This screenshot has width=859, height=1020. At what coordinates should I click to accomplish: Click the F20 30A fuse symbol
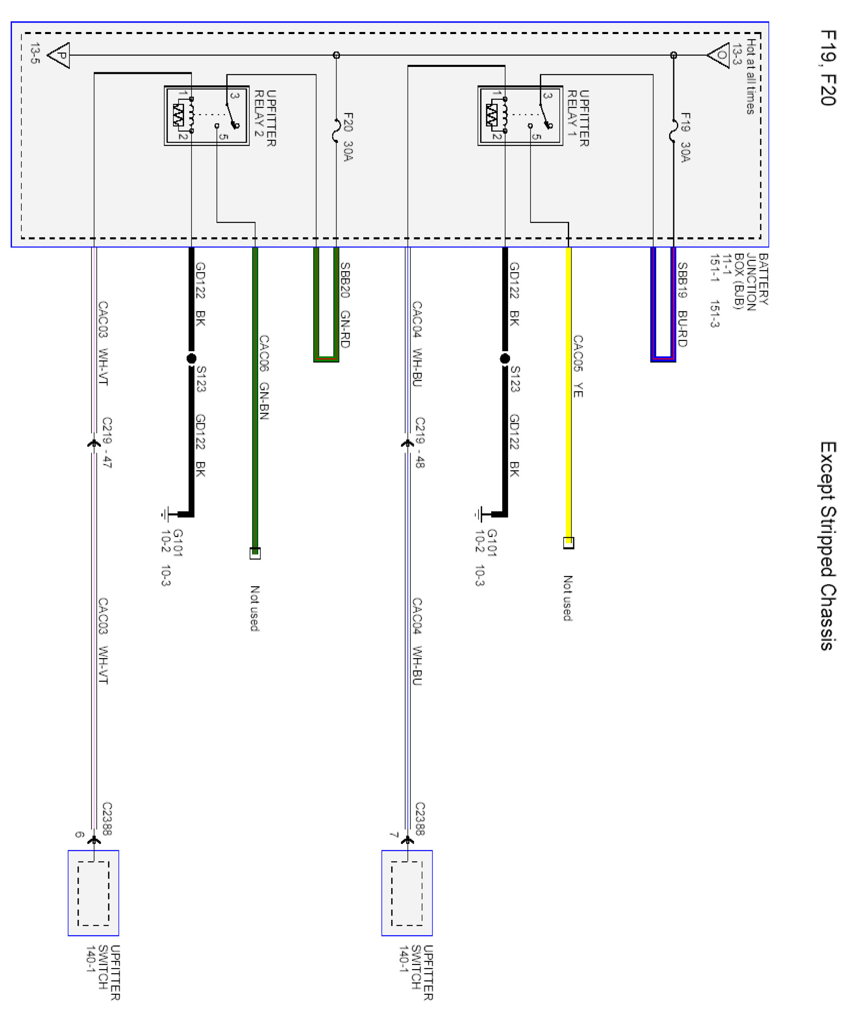click(336, 130)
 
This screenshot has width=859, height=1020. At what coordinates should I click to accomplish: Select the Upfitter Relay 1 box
click(520, 116)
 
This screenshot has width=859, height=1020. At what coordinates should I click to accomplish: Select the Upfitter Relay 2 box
click(207, 116)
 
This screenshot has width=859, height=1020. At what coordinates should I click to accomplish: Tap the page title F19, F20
click(828, 68)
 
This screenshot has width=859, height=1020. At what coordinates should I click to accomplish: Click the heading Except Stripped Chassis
click(828, 546)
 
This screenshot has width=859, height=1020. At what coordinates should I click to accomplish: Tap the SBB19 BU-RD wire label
click(682, 304)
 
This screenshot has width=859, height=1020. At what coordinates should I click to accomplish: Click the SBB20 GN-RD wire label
click(345, 304)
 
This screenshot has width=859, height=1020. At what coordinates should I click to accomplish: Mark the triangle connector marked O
click(719, 55)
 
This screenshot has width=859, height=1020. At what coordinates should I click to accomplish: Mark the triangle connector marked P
click(59, 55)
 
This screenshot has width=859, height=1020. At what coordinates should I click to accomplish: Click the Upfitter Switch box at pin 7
click(407, 893)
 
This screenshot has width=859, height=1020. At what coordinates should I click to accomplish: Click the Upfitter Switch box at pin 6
click(93, 893)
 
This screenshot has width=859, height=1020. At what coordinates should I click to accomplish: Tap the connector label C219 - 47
click(107, 442)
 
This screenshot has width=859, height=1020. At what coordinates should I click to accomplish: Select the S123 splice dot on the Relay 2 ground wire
click(191, 358)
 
